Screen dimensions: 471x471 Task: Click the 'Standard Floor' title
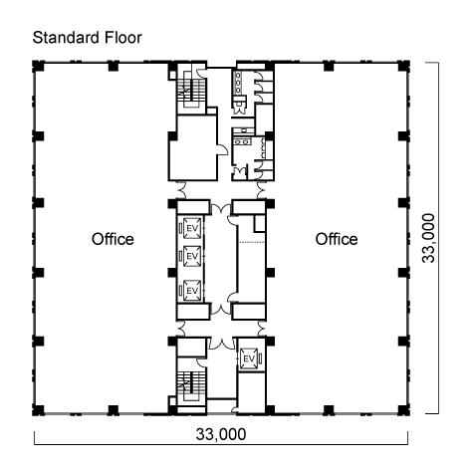point(88,38)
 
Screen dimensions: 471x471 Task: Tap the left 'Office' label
point(113,239)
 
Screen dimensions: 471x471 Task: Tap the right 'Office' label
point(337,239)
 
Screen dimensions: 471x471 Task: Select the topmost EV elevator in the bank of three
point(192,228)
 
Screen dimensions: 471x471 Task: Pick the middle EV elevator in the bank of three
point(192,256)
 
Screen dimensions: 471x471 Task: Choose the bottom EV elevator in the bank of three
point(192,291)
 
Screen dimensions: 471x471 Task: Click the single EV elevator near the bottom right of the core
point(249,358)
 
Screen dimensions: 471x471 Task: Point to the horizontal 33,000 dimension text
point(221,434)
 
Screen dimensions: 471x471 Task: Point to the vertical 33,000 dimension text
point(428,238)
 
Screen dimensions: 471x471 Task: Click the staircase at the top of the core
point(191,89)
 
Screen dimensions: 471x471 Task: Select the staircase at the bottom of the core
point(191,386)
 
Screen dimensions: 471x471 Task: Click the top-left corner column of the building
point(38,66)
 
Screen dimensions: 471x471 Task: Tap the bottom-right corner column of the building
point(403,410)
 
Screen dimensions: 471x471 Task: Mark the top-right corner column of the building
point(403,66)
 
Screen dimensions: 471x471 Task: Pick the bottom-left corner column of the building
point(38,410)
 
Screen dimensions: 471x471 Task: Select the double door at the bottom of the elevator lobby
point(221,308)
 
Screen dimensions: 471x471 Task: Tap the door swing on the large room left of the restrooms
point(222,149)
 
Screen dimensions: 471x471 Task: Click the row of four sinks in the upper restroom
point(238,83)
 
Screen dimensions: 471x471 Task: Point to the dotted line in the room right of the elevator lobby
point(252,242)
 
